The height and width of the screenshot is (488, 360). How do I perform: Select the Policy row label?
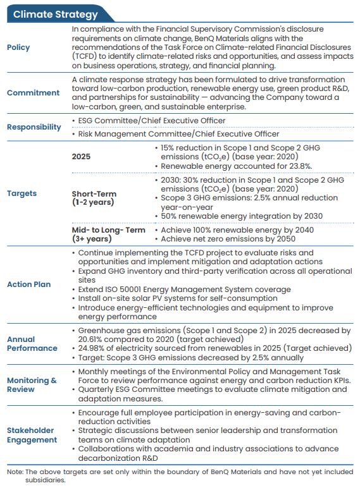18,47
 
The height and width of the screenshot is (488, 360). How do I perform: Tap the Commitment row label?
33,93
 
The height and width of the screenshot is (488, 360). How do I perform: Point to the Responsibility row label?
34,127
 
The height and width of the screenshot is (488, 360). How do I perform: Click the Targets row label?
22,193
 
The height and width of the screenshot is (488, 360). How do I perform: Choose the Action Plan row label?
28,284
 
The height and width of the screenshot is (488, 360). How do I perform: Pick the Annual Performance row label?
32,344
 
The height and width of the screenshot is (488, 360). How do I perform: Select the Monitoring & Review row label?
32,385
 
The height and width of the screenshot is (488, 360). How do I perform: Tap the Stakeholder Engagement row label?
32,435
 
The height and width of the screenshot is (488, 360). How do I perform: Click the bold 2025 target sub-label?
81,157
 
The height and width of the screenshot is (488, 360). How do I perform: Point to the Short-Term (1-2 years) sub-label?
94,198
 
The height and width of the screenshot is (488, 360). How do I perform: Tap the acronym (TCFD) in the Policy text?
84,56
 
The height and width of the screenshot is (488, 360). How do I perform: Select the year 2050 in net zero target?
286,239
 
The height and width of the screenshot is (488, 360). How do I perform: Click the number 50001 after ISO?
130,290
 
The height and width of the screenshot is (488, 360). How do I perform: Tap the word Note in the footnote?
15,472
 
